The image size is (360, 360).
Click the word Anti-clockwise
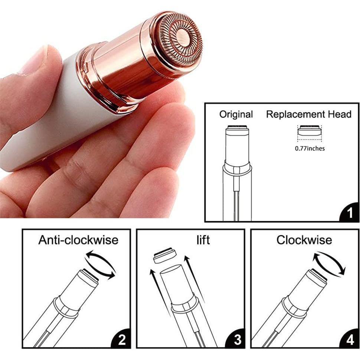point(78,240)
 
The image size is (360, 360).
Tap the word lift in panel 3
point(203,240)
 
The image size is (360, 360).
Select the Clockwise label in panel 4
point(304,240)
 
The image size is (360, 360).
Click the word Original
point(236,114)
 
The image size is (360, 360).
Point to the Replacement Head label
point(308,114)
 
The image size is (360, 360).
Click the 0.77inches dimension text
point(310,148)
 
